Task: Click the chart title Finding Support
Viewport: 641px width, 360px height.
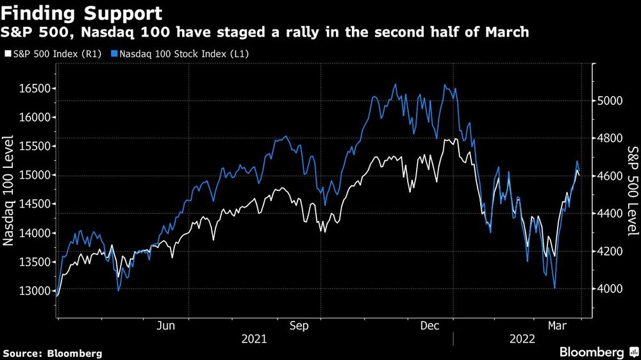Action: (82, 13)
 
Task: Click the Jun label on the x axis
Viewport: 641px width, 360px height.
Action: (166, 326)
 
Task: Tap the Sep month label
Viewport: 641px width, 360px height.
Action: (299, 326)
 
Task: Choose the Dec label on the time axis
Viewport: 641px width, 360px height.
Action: (429, 326)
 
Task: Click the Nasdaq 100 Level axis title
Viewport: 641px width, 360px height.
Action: (10, 191)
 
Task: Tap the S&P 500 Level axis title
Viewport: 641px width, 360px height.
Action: (632, 191)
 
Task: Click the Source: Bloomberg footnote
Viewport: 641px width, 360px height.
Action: (52, 353)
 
